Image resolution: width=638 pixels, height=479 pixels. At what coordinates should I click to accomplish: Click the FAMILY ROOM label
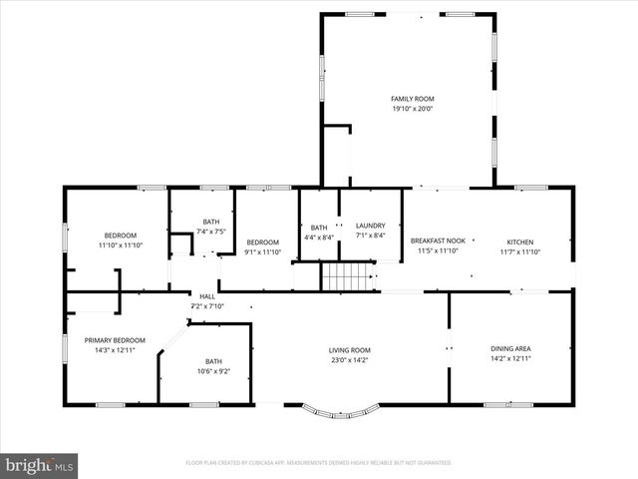(x=412, y=99)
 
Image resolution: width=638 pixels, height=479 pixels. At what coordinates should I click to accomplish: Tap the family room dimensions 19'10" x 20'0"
(x=412, y=109)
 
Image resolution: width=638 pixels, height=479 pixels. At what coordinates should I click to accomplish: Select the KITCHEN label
(x=519, y=242)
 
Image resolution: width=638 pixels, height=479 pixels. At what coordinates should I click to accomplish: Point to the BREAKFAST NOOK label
(x=438, y=241)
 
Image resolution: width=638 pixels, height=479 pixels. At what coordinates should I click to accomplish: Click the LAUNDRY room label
(x=370, y=226)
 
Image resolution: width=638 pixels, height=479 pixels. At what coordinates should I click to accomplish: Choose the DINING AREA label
(x=509, y=348)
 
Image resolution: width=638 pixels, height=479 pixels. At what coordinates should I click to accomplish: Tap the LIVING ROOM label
(x=350, y=350)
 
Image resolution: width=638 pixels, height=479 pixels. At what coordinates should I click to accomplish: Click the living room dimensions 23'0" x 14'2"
(x=350, y=359)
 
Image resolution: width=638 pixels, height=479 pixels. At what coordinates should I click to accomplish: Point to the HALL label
(x=207, y=296)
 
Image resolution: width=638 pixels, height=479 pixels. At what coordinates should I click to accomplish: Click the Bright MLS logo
(x=40, y=465)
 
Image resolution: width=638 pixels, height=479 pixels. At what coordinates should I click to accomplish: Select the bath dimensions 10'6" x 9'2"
(x=214, y=371)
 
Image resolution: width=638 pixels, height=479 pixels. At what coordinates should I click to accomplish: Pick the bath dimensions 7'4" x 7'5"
(x=211, y=232)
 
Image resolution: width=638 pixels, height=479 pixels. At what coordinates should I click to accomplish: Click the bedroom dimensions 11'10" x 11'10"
(x=120, y=244)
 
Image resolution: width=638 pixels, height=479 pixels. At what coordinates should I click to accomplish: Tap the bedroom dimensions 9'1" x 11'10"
(x=262, y=251)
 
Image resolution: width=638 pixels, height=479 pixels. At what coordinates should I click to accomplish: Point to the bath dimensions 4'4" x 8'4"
(x=318, y=236)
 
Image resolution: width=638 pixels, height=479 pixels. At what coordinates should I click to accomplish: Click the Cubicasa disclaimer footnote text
(x=318, y=463)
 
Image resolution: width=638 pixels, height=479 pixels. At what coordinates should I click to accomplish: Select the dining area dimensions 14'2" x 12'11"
(x=509, y=358)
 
